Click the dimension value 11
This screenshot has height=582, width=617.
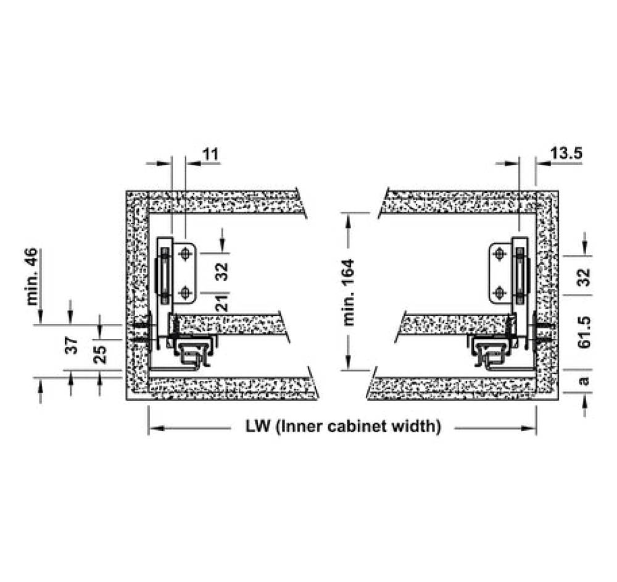coord(210,154)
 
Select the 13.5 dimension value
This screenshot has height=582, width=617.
coord(566,153)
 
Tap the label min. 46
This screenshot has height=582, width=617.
coord(32,276)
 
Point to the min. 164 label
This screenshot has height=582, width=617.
coord(349,293)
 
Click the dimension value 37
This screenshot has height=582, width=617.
coord(72,346)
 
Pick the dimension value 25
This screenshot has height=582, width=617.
coord(101,354)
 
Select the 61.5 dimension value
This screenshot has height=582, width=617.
coord(585,332)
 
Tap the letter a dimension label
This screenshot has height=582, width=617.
coord(585,381)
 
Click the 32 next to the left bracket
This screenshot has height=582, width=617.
coord(222,272)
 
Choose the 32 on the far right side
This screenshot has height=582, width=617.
coord(585,278)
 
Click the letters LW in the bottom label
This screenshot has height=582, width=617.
coord(258,426)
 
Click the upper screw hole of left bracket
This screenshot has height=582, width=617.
coord(185,254)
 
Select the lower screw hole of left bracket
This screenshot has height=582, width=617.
coord(185,293)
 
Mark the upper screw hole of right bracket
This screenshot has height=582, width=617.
coord(500,254)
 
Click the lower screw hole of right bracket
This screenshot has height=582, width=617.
coord(500,293)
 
